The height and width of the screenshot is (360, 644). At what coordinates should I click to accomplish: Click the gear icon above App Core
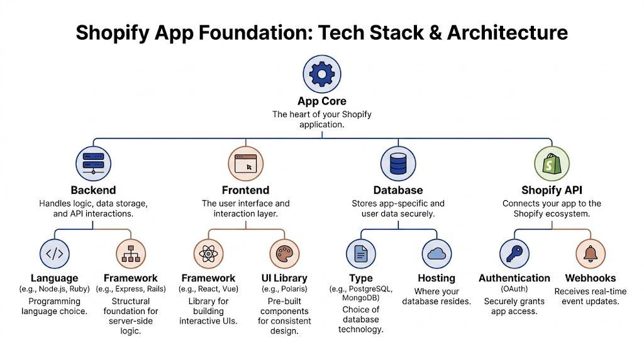[322, 74]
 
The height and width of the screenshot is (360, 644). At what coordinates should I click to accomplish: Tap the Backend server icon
[94, 164]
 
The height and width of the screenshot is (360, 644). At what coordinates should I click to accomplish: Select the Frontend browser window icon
[245, 164]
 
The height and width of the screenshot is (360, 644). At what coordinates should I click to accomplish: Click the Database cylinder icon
[398, 164]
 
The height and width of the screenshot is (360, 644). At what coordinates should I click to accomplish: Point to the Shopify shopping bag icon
[552, 164]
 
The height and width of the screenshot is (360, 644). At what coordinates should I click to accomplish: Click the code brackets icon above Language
[55, 254]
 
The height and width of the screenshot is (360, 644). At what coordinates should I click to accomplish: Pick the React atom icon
[208, 254]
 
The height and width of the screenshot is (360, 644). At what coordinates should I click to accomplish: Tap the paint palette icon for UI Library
[284, 254]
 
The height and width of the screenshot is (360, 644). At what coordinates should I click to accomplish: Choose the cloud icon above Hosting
[436, 254]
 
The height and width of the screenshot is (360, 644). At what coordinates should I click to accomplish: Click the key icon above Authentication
[514, 254]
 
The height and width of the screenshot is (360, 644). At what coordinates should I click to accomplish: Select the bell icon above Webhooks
[591, 254]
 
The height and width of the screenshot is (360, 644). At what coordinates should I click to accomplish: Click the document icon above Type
[361, 254]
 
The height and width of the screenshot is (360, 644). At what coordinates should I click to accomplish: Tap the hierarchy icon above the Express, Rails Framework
[131, 254]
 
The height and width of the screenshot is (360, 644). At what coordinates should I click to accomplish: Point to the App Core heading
[322, 101]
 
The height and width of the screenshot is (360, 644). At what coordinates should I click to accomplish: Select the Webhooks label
[591, 278]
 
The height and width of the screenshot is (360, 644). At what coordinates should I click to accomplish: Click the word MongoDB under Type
[360, 299]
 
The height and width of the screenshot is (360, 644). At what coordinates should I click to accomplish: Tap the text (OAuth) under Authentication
[514, 290]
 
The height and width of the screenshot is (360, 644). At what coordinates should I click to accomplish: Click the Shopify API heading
[552, 190]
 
